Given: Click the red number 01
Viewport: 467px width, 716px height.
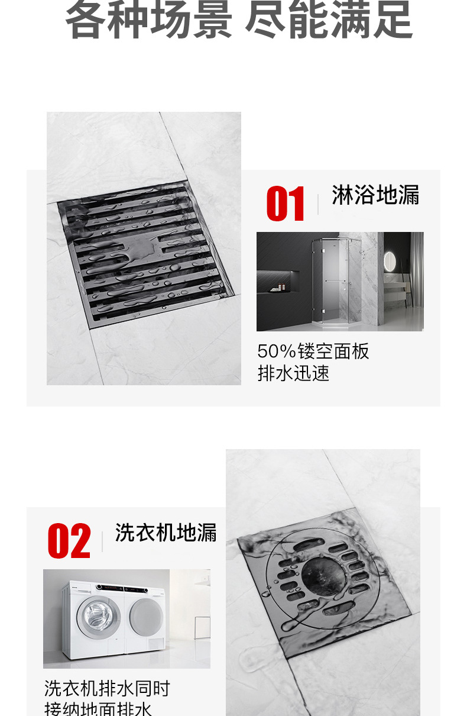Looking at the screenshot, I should pos(286,204).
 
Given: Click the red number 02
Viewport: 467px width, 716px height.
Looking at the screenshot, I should pos(69,541).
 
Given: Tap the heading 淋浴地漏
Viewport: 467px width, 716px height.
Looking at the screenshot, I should pos(375,195).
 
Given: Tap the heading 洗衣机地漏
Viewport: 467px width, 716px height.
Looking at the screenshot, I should pos(166,533).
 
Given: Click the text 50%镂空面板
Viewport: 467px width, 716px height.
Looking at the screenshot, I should pos(313,351).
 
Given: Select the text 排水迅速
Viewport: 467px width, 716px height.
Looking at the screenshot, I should pos(293,374).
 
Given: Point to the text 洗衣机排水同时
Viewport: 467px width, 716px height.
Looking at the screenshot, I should pos(107,689).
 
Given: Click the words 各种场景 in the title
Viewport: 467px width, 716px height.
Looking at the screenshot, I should pos(148,21).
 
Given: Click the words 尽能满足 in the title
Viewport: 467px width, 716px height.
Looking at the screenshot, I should pos(328,21).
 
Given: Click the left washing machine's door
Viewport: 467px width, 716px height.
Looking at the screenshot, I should pos(98,616).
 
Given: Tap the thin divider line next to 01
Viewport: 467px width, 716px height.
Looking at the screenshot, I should pos(318,204).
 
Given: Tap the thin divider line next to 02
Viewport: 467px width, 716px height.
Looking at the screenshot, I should pos(102,541).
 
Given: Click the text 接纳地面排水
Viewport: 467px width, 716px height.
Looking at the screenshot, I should pos(98,709).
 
